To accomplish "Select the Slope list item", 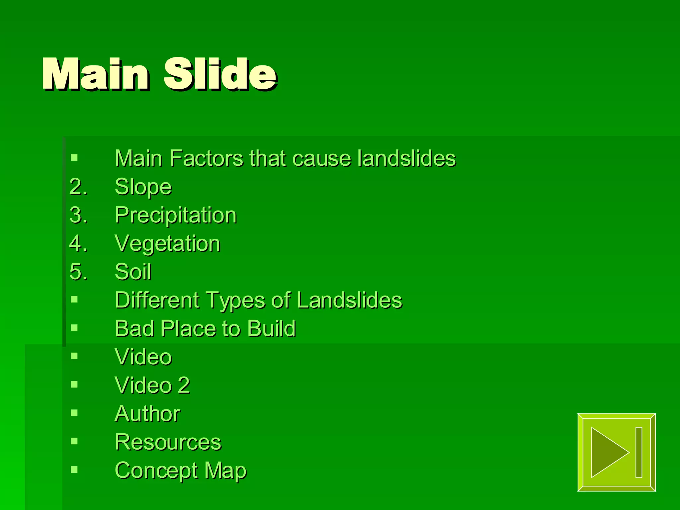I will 143,187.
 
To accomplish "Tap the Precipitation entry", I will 176,215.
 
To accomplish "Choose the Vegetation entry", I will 167,244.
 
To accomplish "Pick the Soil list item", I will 133,272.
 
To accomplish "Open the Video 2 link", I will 152,385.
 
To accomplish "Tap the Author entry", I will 147,414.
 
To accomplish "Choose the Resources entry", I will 168,442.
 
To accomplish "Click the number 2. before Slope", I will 78,187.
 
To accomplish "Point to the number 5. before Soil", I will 78,272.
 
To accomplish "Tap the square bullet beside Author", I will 74,413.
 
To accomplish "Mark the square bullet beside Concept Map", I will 74,469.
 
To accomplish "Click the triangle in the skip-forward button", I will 606,452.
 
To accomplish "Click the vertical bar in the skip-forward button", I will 639,452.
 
